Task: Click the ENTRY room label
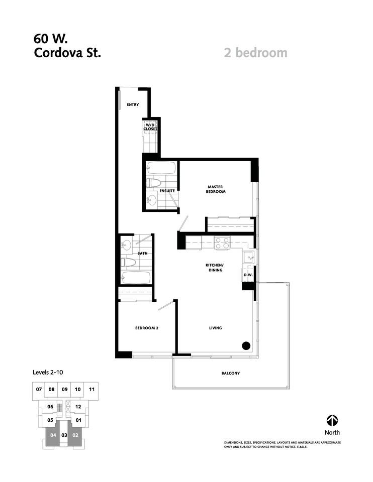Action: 133,105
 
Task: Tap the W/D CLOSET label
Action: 151,127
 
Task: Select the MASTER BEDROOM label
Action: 216,189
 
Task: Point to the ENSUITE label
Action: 167,191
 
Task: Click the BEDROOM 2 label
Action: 147,328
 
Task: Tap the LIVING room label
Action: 216,328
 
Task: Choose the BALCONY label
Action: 230,373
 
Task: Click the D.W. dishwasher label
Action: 248,275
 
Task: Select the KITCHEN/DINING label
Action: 214,267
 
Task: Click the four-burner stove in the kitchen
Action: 222,243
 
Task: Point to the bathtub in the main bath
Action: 136,278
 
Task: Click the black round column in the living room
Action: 246,345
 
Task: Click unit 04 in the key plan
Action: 52,435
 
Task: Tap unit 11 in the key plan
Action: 91,389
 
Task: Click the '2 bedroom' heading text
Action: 255,52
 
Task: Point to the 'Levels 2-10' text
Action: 47,373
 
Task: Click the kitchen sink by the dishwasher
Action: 248,258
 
